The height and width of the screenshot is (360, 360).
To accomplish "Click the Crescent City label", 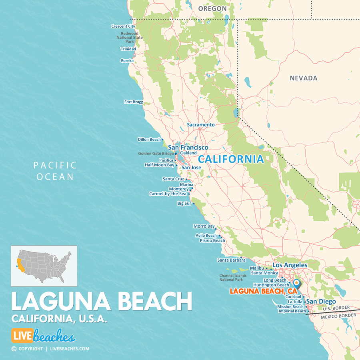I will click(123, 26).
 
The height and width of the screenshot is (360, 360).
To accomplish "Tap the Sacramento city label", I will click(201, 125).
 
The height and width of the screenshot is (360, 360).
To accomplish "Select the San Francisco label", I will click(188, 148).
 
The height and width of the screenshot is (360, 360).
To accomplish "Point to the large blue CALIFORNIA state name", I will click(231, 159).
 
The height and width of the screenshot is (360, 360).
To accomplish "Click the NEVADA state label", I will click(304, 78).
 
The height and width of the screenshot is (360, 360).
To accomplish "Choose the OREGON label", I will click(212, 8).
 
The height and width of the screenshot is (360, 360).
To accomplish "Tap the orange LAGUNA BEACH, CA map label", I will click(264, 291).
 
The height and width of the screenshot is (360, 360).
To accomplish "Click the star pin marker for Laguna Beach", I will click(296, 283).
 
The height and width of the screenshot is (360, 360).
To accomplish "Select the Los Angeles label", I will click(290, 265).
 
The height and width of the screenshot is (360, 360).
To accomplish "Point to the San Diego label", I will click(321, 302).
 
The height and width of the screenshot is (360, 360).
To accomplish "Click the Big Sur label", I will click(184, 204).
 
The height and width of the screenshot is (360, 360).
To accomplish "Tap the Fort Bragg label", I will click(134, 102).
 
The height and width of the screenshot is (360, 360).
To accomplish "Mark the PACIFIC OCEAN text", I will click(55, 171).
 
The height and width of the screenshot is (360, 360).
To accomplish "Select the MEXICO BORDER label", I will click(338, 316).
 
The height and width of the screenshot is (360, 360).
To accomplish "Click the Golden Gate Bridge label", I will click(156, 153).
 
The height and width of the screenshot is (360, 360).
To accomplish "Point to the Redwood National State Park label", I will click(130, 38).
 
